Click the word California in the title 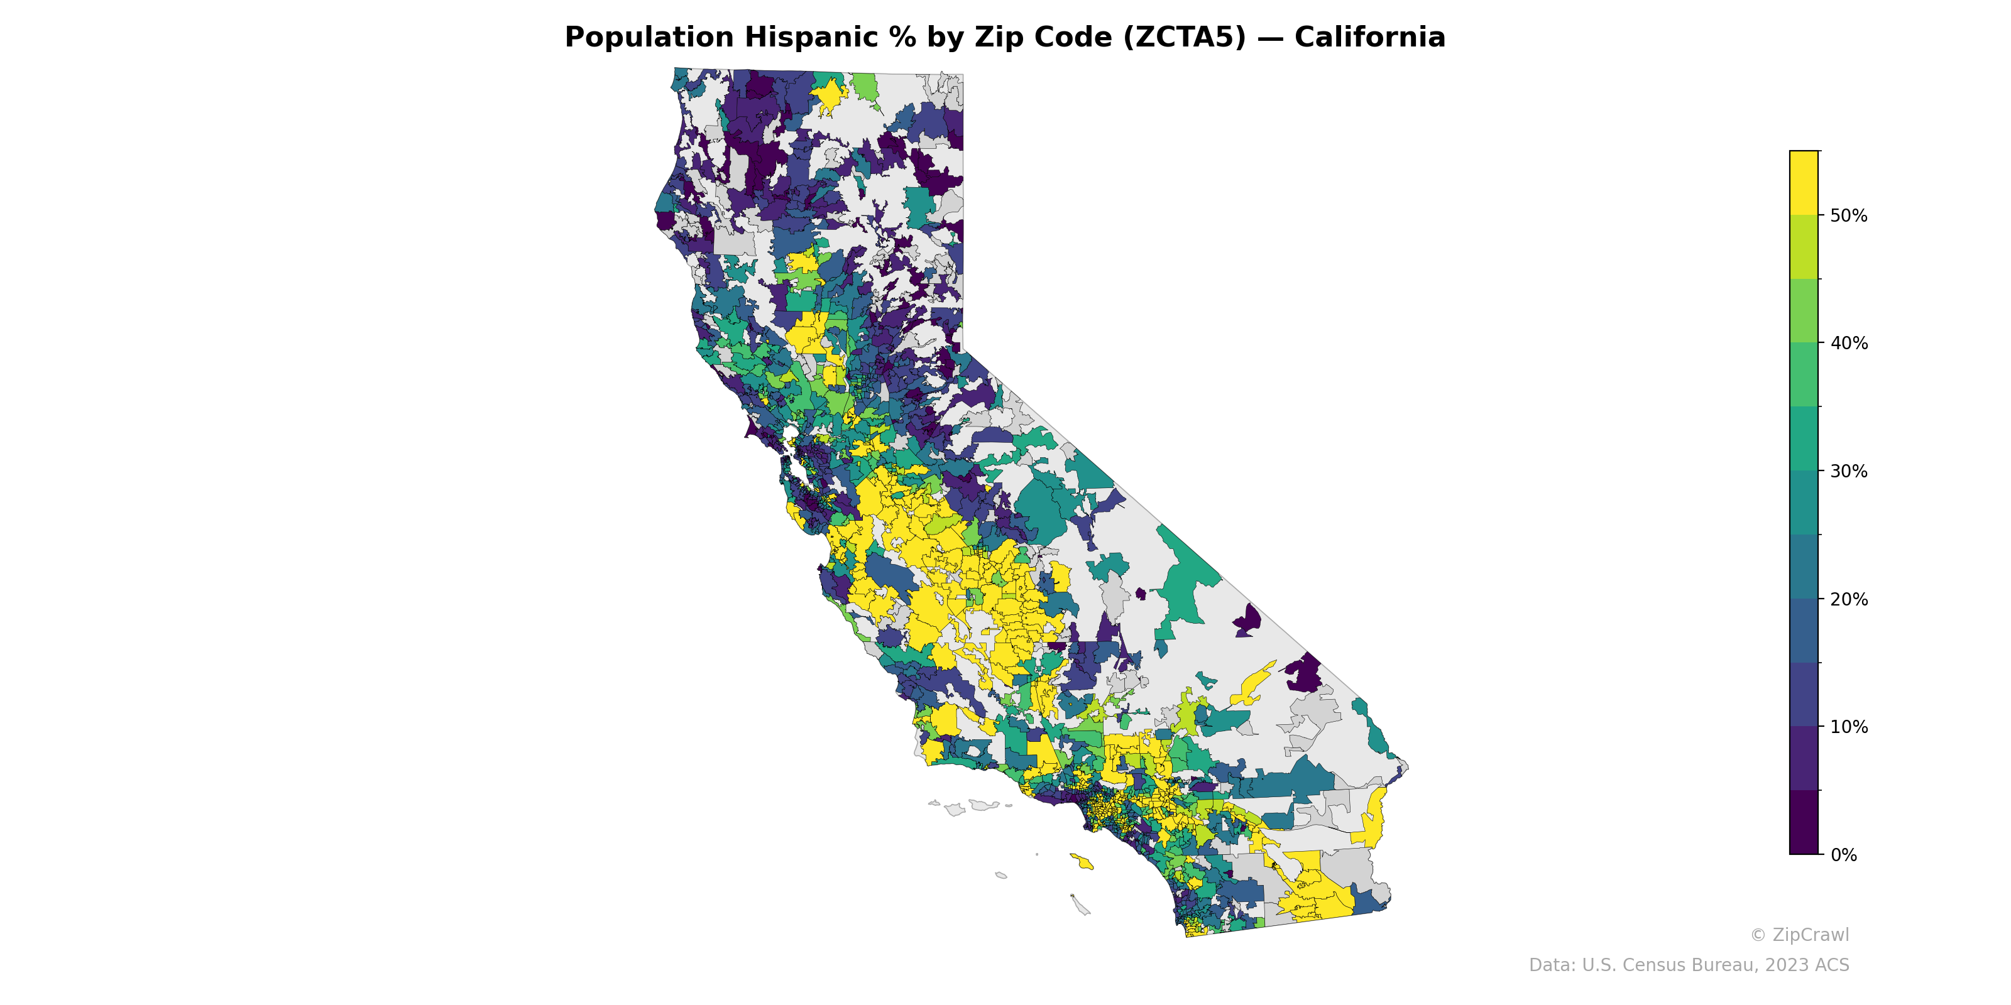(x=1369, y=38)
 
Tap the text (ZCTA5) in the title (x=1184, y=38)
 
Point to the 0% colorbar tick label (x=1843, y=855)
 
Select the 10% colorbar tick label (x=1849, y=727)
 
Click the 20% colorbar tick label (x=1849, y=599)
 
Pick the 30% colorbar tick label (x=1849, y=471)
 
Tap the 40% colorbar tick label (x=1849, y=344)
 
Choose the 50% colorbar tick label (x=1849, y=215)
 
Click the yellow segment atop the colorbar (x=1804, y=183)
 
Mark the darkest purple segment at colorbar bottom (x=1804, y=822)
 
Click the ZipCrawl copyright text (x=1799, y=935)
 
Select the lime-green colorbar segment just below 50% (x=1804, y=247)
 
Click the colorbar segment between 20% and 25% (x=1804, y=567)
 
